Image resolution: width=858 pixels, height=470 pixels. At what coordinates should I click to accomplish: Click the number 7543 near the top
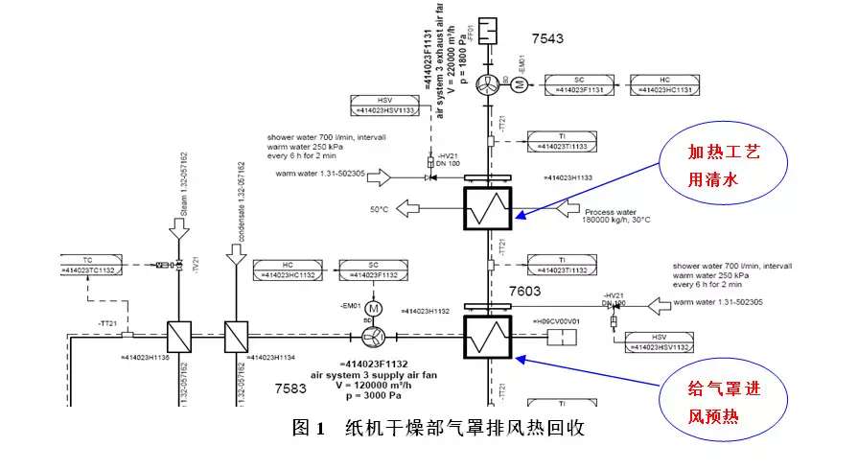pyautogui.click(x=547, y=39)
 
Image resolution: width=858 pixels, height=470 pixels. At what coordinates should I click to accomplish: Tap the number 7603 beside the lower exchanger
pyautogui.click(x=526, y=291)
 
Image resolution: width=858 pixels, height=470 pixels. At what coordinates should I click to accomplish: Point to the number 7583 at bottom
pyautogui.click(x=290, y=388)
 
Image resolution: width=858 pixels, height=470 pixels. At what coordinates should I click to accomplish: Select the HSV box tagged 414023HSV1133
pyautogui.click(x=385, y=104)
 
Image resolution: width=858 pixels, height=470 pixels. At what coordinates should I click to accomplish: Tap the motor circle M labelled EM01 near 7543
pyautogui.click(x=520, y=83)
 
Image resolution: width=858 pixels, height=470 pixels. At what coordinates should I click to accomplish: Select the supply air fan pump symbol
pyautogui.click(x=375, y=337)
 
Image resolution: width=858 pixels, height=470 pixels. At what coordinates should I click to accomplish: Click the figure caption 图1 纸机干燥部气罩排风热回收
pyautogui.click(x=438, y=428)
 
